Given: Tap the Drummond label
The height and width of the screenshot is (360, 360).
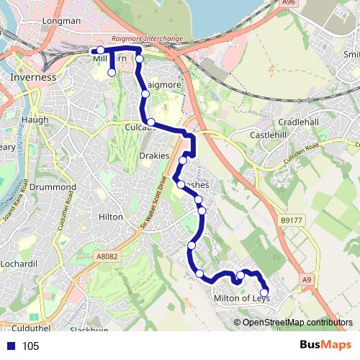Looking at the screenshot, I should click(x=48, y=186).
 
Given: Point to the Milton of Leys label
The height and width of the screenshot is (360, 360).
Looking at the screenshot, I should click(x=241, y=298).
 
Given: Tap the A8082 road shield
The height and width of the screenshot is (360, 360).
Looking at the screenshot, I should click(x=107, y=254).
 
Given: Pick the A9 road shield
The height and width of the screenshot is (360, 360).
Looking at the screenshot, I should click(x=308, y=279).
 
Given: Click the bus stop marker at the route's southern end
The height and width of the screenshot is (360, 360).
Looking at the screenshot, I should click(x=264, y=292).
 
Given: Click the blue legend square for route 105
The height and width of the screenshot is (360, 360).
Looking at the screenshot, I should click(x=11, y=346).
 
